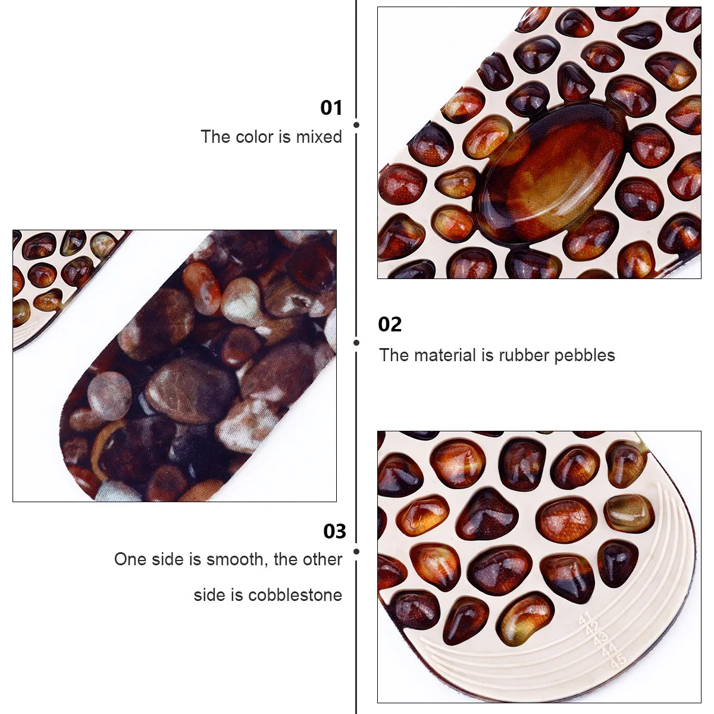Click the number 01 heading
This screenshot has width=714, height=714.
point(331,108)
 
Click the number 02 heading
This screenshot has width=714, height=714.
point(390,324)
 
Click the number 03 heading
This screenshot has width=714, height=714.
point(334,531)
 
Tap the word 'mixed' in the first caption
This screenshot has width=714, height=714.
point(319,137)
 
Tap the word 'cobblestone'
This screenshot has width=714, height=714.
point(295,594)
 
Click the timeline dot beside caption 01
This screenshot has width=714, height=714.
point(356,125)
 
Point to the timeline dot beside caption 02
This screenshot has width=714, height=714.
point(356,343)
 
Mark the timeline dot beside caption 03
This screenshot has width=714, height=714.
point(356,552)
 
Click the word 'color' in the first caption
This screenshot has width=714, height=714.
point(254,137)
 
